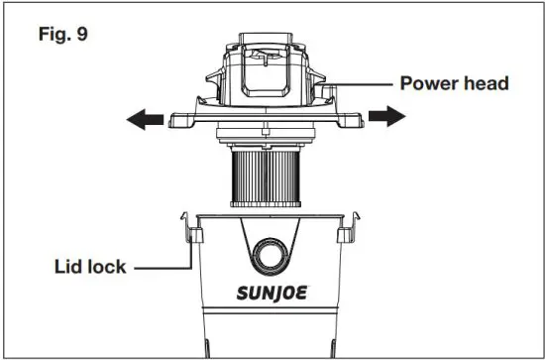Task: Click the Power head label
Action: pos(454,83)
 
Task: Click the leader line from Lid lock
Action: pos(163,267)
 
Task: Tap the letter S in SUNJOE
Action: pos(241,294)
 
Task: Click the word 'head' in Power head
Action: pos(486,83)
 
